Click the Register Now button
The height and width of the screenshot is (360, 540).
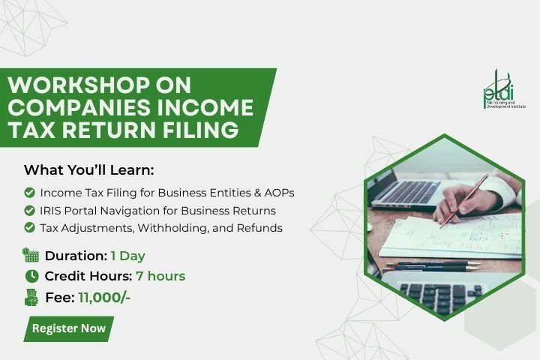68,328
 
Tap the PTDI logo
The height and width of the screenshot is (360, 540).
504,89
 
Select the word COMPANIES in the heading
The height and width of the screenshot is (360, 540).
79,107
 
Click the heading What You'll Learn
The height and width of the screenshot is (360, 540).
88,170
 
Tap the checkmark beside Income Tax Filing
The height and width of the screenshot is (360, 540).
29,193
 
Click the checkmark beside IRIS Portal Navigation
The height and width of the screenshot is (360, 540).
29,210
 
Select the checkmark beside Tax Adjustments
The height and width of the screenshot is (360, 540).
29,227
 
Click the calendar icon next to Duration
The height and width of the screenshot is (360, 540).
31,255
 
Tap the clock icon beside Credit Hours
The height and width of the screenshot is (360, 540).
31,276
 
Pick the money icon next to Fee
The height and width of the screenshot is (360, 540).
31,297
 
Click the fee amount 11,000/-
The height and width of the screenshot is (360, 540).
104,297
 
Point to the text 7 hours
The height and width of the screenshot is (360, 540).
160,276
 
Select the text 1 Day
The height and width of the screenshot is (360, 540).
127,256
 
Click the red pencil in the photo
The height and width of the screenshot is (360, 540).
464,201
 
